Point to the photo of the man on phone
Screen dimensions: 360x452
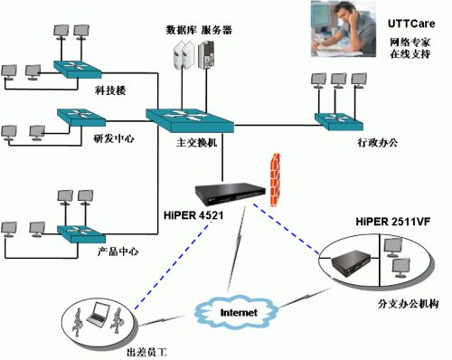coord(344,24)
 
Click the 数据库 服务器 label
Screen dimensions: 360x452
coord(198,30)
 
